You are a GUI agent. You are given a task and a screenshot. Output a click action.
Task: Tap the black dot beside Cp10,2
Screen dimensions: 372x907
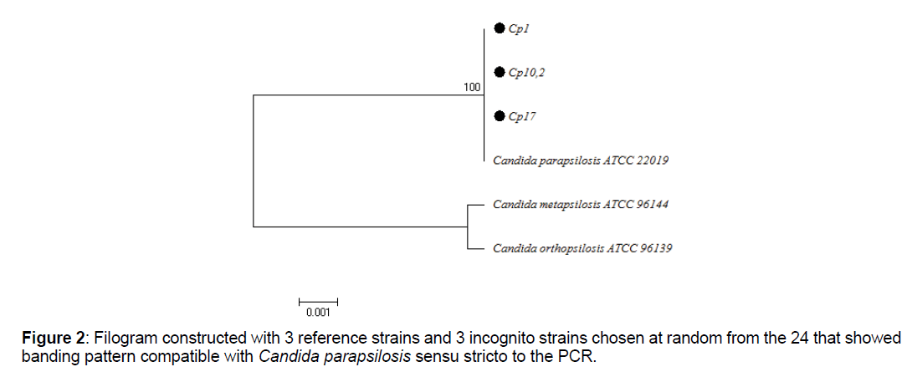pos(500,73)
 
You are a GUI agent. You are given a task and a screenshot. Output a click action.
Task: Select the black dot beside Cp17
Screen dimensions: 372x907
pos(500,116)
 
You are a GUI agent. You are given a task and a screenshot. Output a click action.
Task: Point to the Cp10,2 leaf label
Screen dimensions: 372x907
pos(527,74)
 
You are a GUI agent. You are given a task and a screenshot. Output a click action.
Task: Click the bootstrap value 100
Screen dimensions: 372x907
pos(472,87)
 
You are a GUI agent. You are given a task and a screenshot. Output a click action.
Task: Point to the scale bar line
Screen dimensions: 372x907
pos(318,300)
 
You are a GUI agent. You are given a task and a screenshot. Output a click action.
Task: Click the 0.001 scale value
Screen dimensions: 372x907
pos(318,313)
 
